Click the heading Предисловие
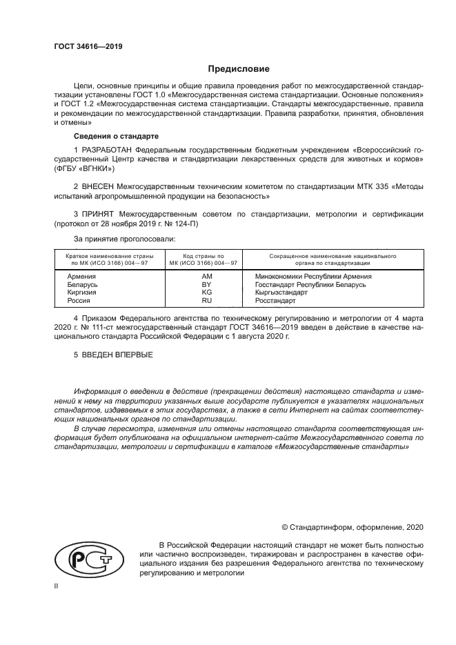pos(239,69)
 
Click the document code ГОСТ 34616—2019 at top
pos(88,47)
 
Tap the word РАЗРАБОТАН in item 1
pos(108,150)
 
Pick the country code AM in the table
pos(206,275)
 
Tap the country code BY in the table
pos(206,284)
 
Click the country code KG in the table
pos(206,292)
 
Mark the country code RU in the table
pos(206,301)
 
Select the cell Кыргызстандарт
pos(281,292)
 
